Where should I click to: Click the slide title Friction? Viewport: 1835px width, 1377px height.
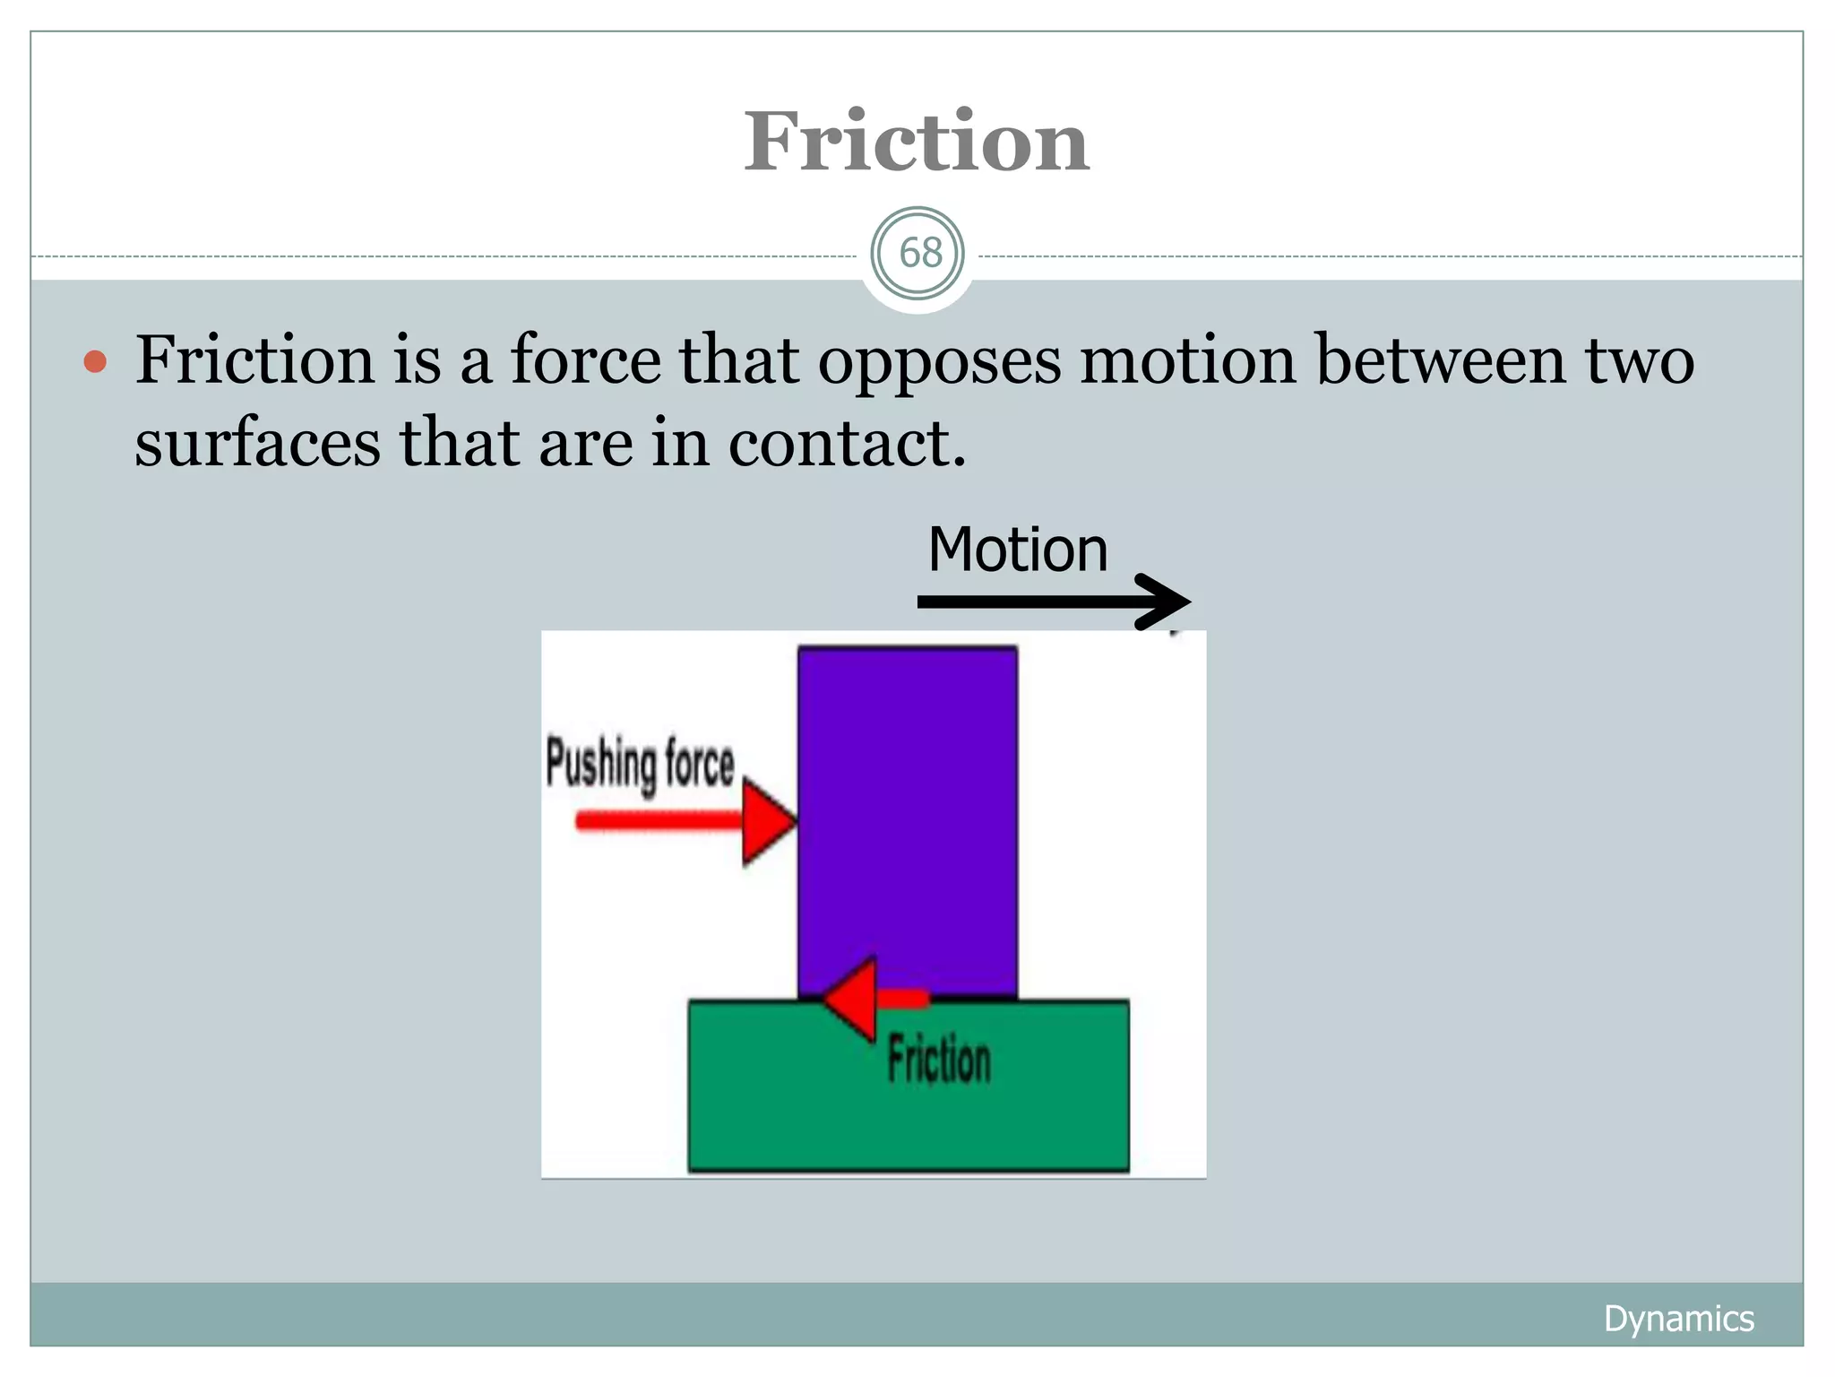pyautogui.click(x=917, y=142)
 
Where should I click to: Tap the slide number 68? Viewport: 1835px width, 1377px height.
pyautogui.click(x=920, y=254)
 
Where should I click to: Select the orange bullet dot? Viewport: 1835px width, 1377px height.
pyautogui.click(x=95, y=362)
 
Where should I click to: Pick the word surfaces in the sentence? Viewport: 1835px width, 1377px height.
pyautogui.click(x=257, y=442)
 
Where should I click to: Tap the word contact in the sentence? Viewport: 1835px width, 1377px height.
pyautogui.click(x=847, y=442)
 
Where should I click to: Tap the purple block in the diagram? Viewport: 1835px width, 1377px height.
pyautogui.click(x=907, y=807)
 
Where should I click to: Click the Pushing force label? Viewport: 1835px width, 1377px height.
pyautogui.click(x=640, y=764)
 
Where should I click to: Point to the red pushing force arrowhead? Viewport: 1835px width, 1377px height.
pyautogui.click(x=767, y=821)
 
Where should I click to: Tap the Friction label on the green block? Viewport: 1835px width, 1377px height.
pyautogui.click(x=939, y=1060)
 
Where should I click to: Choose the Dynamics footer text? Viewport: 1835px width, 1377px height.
pyautogui.click(x=1678, y=1319)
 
